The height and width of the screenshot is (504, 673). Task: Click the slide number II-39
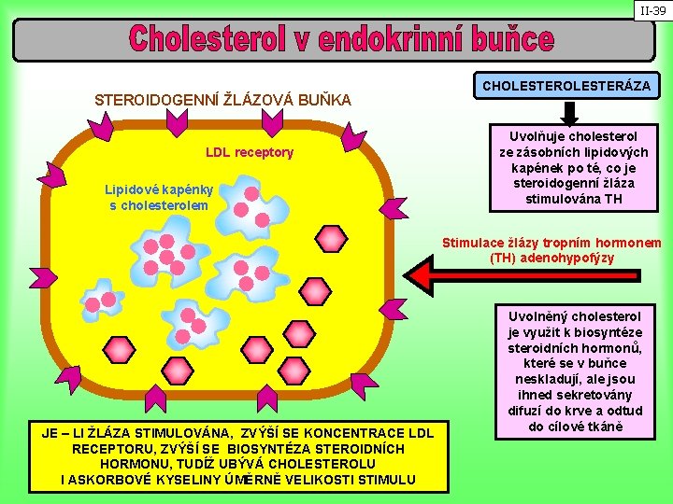[x=652, y=11]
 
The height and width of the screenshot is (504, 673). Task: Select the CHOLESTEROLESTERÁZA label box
[x=566, y=86]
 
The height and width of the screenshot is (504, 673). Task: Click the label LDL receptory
[x=250, y=152]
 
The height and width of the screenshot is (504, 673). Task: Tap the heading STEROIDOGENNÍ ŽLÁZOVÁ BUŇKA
[x=223, y=99]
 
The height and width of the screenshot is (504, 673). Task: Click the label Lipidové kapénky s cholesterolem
[x=159, y=197]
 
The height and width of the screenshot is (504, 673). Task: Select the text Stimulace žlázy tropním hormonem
[x=551, y=244]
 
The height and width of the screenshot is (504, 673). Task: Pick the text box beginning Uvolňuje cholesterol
[x=567, y=167]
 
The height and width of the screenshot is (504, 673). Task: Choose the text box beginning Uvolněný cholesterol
[x=575, y=371]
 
